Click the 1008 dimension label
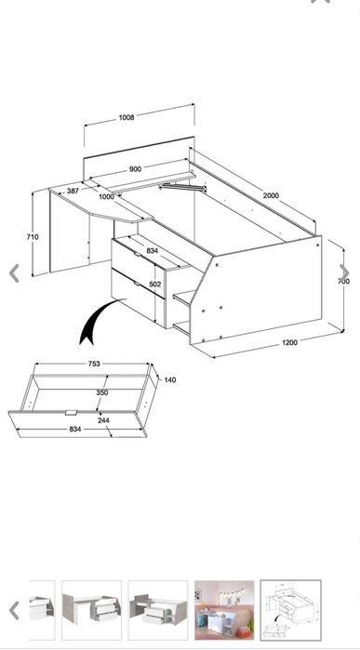[127, 117]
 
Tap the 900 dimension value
[135, 169]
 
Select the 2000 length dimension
[271, 195]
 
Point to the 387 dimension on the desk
[73, 192]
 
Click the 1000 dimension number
[106, 197]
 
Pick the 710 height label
[33, 237]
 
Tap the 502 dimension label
[155, 285]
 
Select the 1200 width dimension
[289, 342]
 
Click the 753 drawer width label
[94, 364]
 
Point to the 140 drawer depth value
[170, 379]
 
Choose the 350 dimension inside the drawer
[102, 392]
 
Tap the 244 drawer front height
[103, 420]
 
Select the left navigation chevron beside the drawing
[14, 273]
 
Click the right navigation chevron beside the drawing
[345, 272]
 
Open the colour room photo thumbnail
[224, 610]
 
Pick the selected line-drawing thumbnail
[291, 610]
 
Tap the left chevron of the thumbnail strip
[14, 610]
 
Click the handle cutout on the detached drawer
[72, 413]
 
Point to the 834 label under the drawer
[75, 430]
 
